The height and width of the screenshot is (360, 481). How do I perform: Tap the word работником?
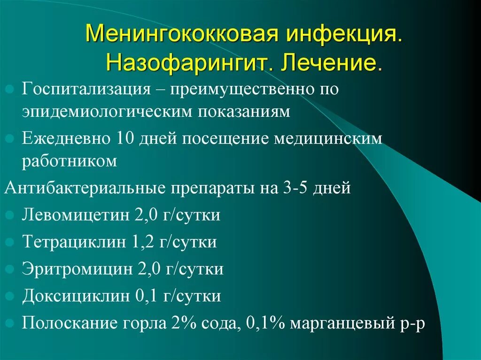pos(69,161)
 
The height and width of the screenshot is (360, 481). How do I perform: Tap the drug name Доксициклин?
pos(75,296)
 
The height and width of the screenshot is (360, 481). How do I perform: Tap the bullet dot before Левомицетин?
pos(11,216)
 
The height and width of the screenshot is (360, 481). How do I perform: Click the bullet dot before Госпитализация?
pos(11,89)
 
